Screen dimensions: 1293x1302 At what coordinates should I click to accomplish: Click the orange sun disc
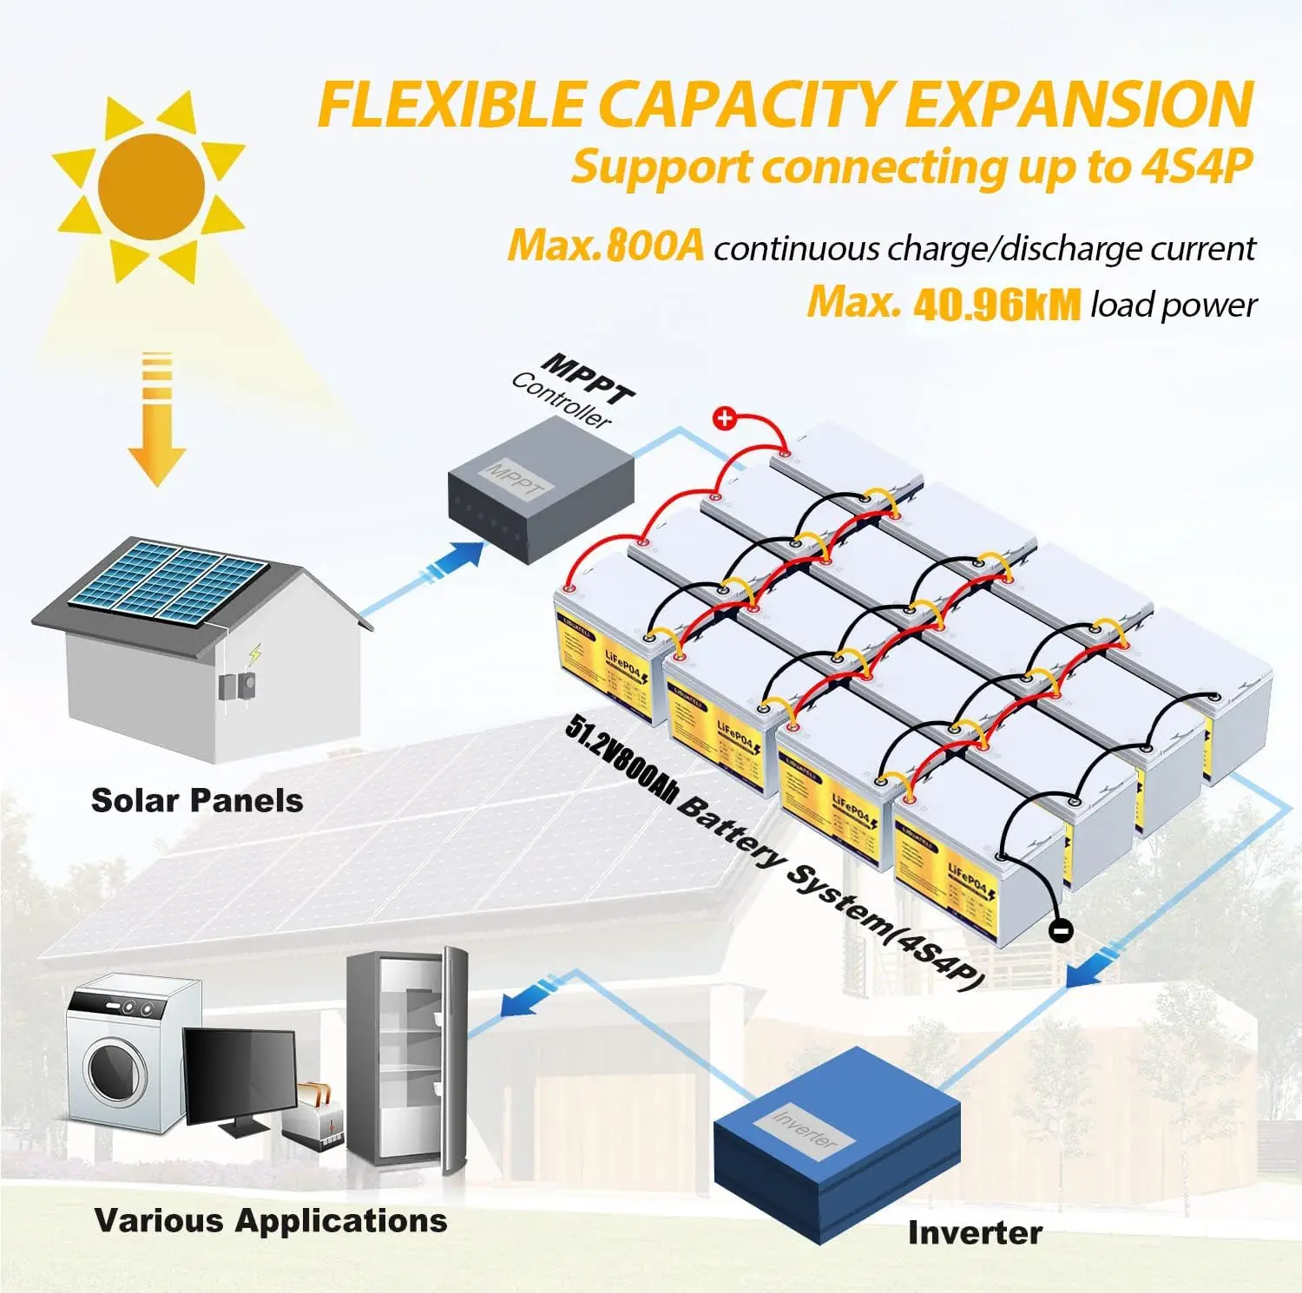click(151, 186)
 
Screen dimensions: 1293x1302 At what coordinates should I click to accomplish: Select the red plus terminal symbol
click(724, 418)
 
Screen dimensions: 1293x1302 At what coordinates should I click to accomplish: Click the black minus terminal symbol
click(1060, 930)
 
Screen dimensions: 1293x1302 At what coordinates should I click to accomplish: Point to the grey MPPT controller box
click(540, 490)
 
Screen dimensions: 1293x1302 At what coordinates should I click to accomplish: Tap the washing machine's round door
click(115, 1070)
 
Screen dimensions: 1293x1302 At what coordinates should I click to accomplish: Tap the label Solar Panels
click(197, 800)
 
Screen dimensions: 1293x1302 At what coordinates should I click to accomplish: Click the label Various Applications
click(271, 1220)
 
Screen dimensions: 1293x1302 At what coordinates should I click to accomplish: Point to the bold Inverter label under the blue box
click(975, 1232)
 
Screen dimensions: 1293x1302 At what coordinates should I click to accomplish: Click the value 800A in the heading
click(654, 246)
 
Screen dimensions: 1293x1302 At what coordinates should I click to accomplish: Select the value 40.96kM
click(997, 304)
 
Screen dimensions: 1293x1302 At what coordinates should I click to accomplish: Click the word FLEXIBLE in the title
click(451, 105)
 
